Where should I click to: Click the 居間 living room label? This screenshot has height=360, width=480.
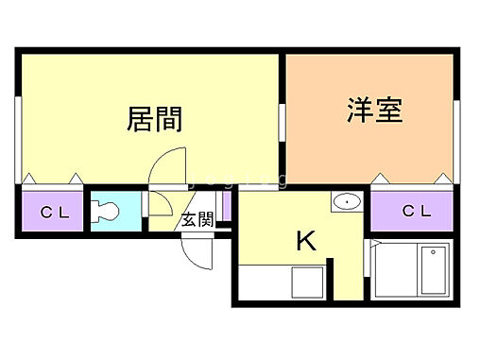154,120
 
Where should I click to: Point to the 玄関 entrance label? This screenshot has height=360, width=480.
197,221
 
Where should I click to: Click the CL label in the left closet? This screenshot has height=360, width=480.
54,213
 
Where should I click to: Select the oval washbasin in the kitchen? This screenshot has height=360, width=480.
347,201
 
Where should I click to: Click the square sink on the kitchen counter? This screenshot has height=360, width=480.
308,282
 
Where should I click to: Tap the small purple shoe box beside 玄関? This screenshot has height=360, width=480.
226,206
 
